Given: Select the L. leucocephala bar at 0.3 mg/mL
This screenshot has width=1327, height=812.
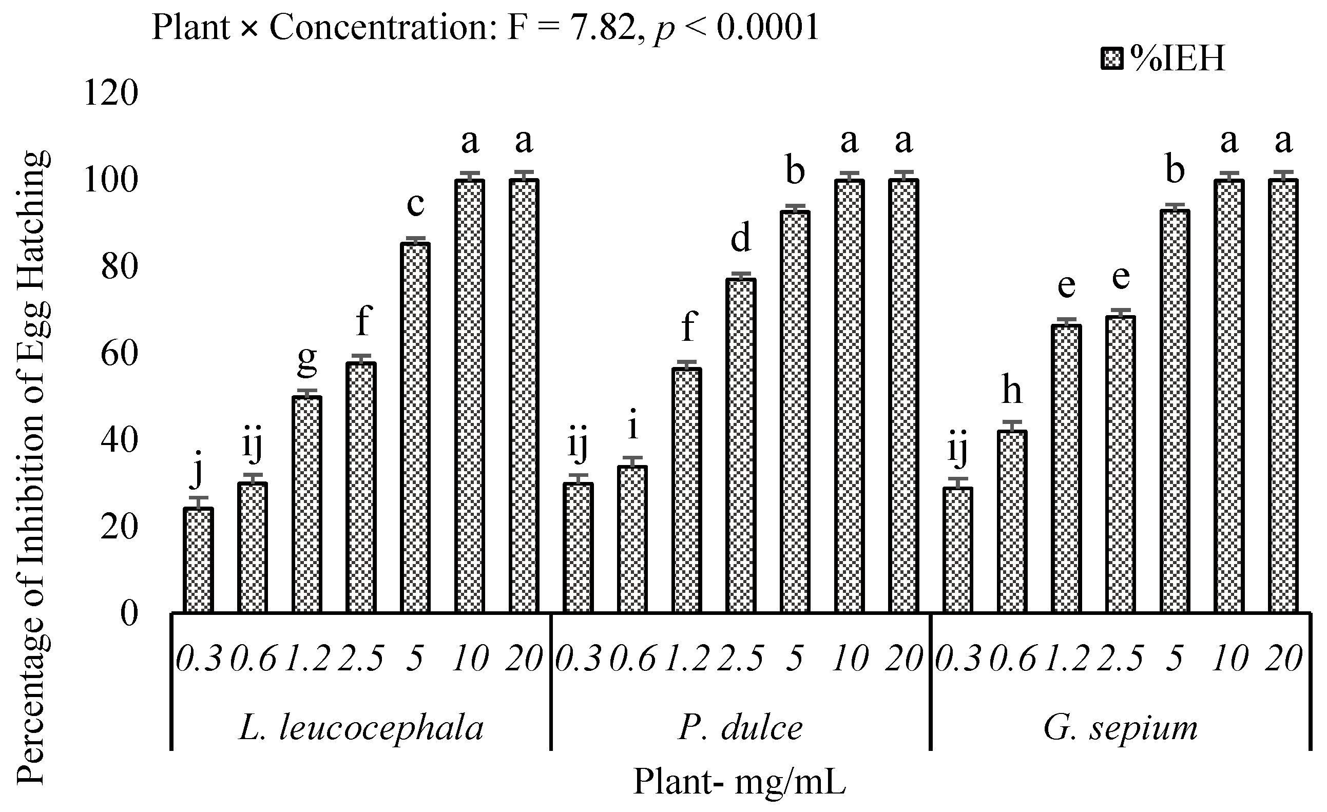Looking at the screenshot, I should [198, 560].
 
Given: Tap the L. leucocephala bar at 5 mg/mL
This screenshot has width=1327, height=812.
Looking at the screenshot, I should [415, 428].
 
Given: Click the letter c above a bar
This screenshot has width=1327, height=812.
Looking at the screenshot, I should [415, 205].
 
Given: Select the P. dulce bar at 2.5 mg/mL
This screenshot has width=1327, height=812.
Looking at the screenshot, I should [741, 446].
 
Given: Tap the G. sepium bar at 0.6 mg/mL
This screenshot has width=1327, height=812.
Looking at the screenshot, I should [1012, 521].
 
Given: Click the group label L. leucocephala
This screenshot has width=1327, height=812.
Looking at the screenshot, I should [361, 728].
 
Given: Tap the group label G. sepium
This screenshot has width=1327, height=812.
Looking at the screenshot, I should [1120, 728].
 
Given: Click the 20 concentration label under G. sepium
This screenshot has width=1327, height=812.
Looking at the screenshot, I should [1283, 658].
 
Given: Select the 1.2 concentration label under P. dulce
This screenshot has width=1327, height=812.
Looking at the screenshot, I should [686, 658].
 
